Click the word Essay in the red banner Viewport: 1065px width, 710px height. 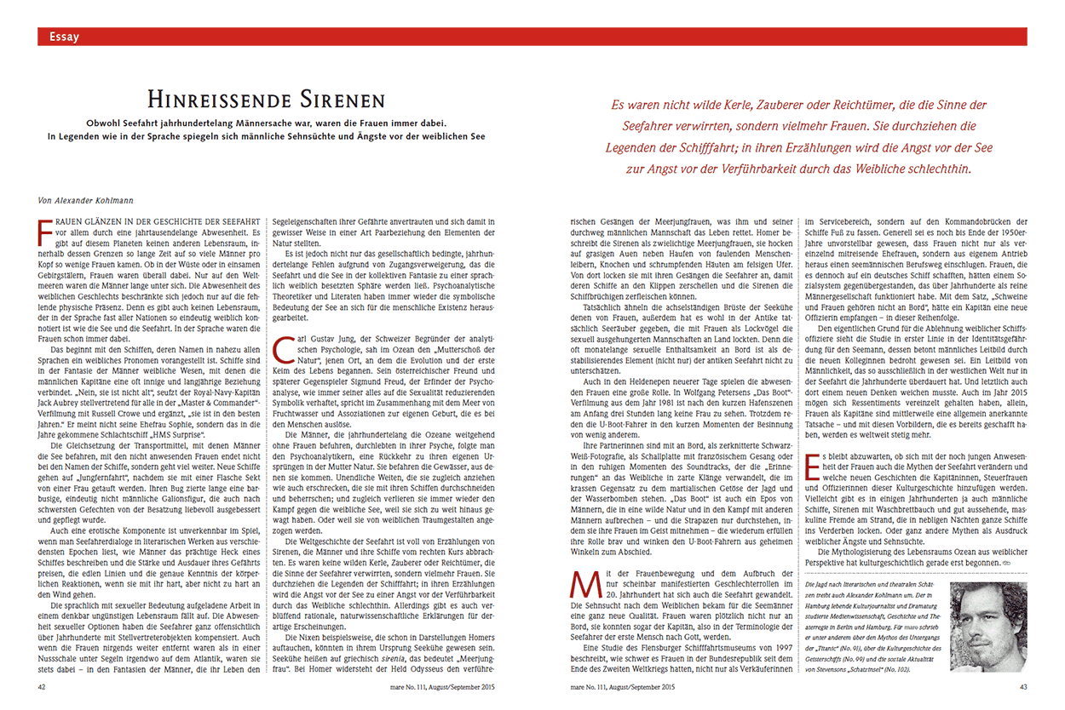[x=65, y=37]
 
